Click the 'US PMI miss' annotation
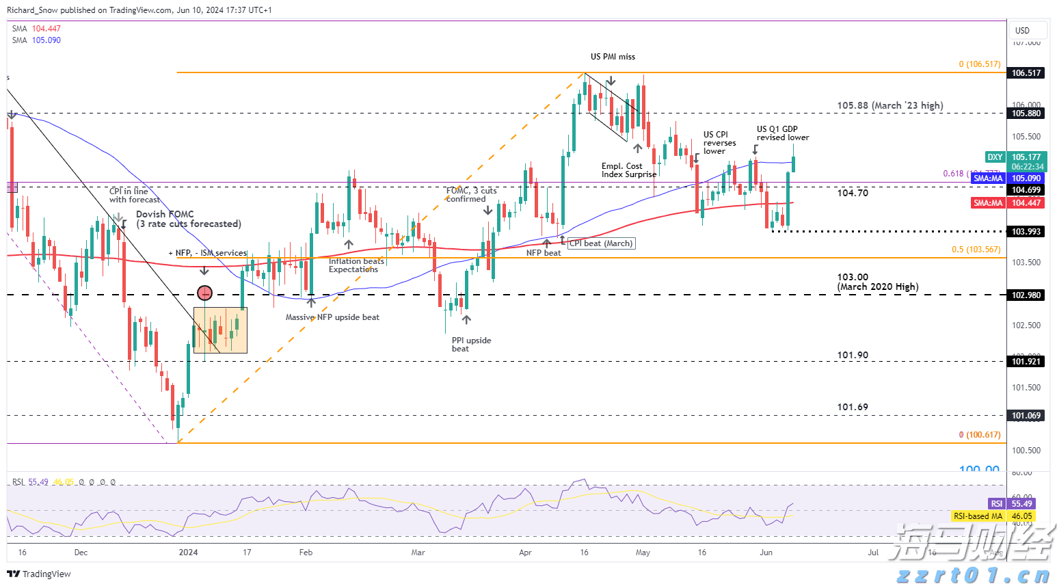[613, 57]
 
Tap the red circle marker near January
[204, 293]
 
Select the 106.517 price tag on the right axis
[1026, 73]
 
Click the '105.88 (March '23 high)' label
[889, 105]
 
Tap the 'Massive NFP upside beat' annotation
[332, 317]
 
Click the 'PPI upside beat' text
[471, 345]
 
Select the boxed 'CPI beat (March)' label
[601, 243]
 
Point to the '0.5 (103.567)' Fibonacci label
[976, 250]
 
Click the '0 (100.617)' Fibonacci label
[979, 435]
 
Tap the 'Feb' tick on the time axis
[306, 552]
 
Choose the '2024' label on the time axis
[188, 552]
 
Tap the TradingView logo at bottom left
[39, 574]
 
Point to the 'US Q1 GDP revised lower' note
[782, 133]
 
